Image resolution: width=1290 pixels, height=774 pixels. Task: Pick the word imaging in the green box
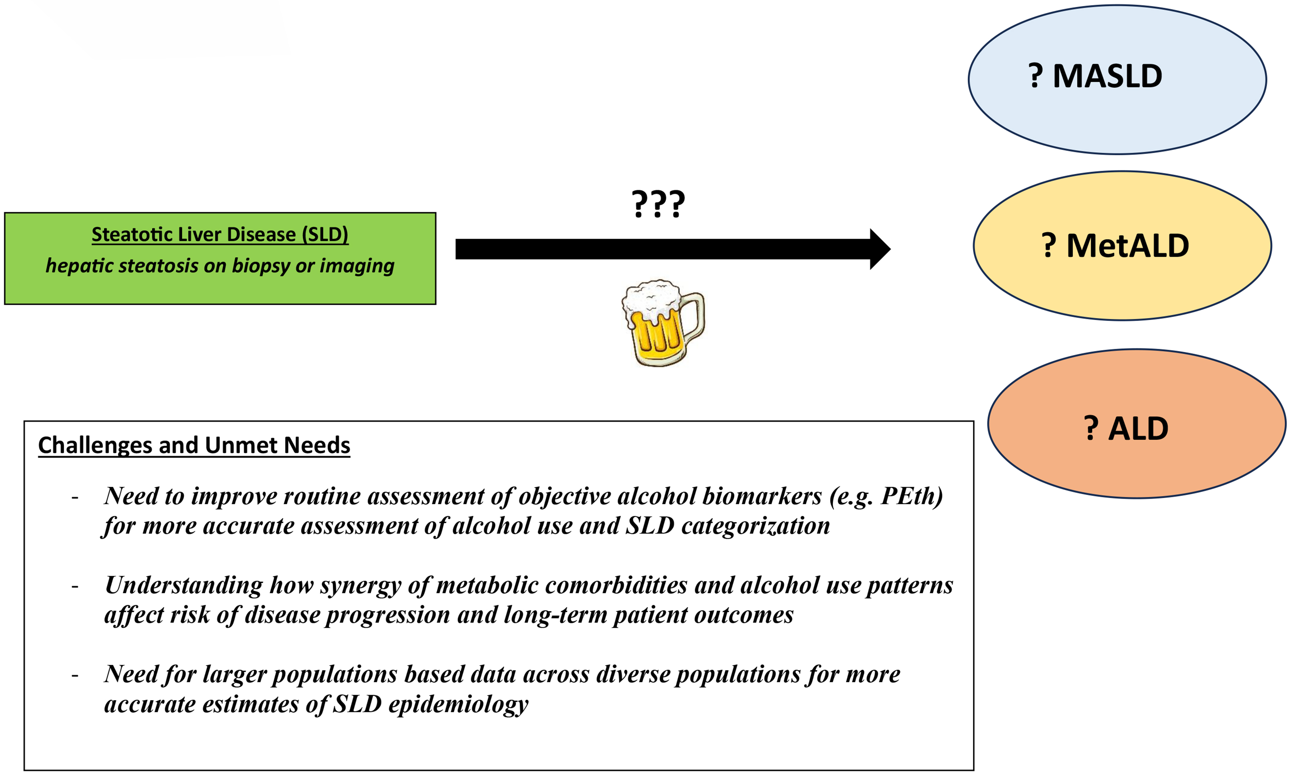point(357,266)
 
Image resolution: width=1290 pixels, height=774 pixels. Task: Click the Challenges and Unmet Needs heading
point(194,445)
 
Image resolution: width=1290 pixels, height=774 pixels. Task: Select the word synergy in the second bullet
point(360,585)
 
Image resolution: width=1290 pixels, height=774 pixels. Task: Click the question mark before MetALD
point(1049,246)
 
